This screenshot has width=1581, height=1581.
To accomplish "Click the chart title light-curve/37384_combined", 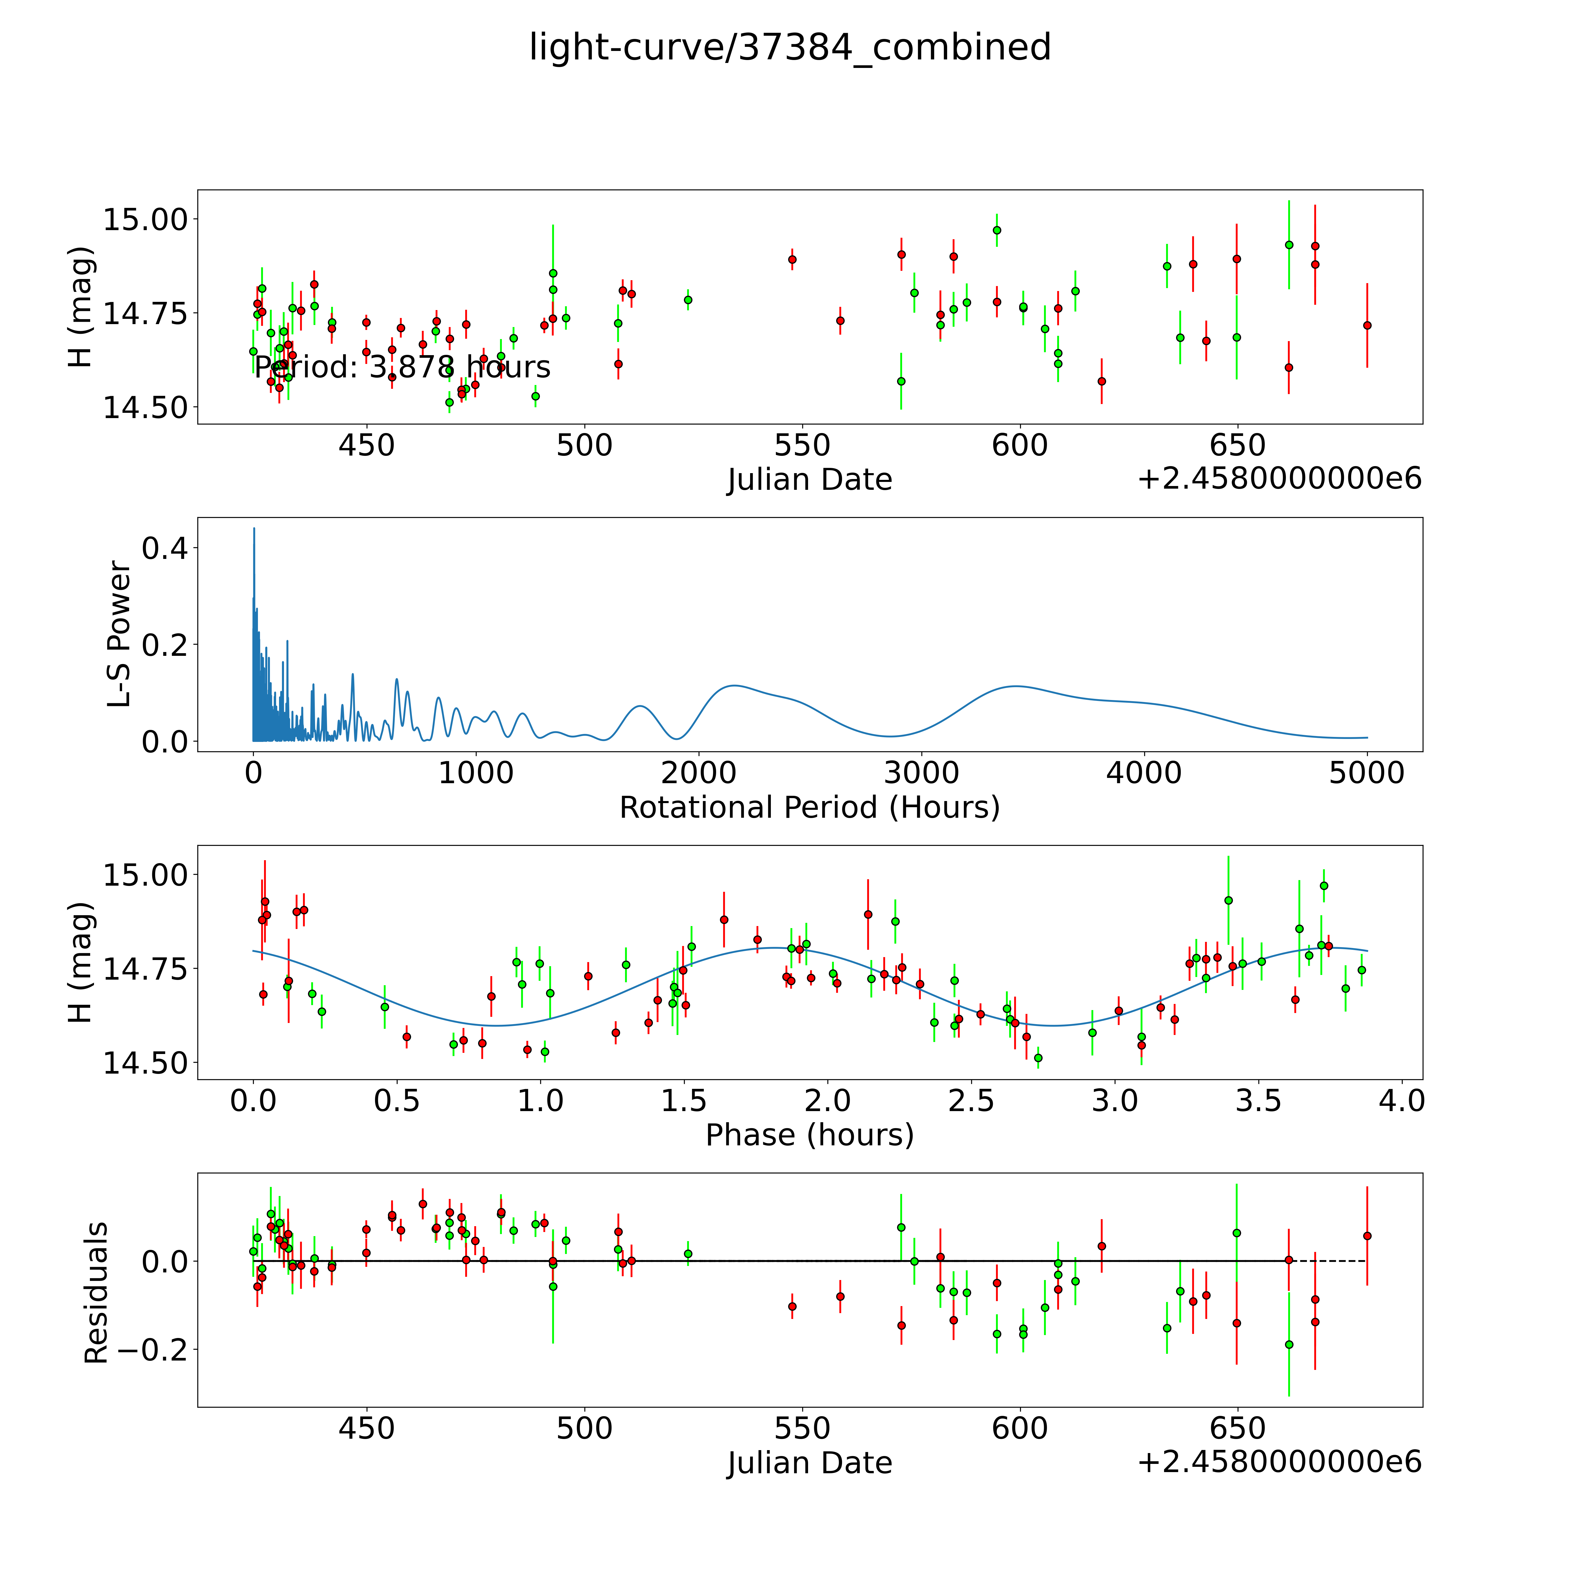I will tap(790, 47).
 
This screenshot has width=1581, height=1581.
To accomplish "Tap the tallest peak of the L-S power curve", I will tap(254, 529).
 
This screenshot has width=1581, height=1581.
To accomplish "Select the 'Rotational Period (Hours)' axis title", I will tap(809, 808).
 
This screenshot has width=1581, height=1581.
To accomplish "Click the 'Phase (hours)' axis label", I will tap(809, 1135).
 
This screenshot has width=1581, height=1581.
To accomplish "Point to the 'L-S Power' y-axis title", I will tap(119, 634).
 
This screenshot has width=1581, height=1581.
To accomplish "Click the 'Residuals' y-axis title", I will tap(97, 1293).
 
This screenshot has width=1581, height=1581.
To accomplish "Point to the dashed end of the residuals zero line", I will tap(1342, 1261).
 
